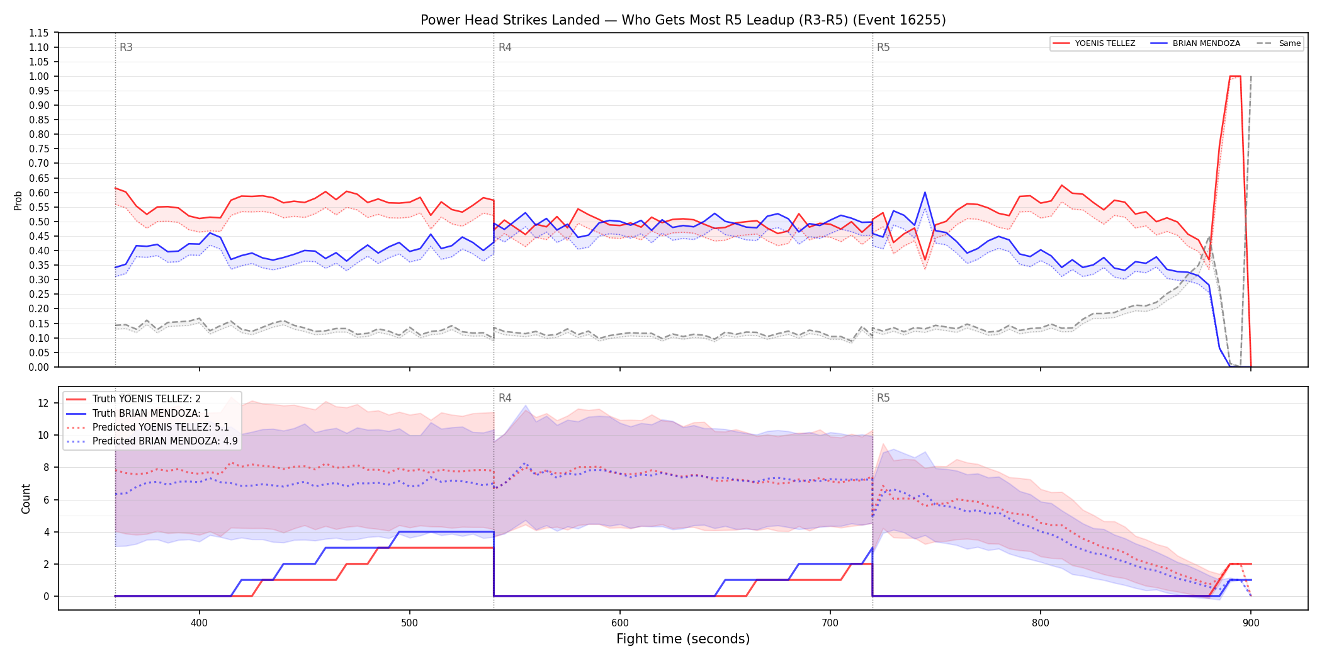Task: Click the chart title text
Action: [683, 20]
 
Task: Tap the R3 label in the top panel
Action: [126, 47]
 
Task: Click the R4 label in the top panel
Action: [505, 47]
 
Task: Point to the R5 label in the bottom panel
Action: [883, 398]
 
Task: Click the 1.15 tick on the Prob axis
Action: [39, 33]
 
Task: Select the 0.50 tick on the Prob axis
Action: [39, 222]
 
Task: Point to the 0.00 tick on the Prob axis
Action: [39, 367]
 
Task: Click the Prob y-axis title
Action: [18, 200]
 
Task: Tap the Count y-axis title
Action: [26, 499]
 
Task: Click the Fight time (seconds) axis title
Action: [683, 639]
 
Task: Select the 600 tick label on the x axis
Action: [620, 623]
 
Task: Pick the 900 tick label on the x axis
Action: [1251, 623]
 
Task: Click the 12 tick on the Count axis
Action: [43, 403]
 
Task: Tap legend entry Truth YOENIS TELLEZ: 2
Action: [147, 399]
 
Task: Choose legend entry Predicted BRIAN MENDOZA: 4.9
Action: [165, 441]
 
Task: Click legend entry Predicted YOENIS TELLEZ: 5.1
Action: [161, 427]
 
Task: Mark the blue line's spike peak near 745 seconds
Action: [925, 193]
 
